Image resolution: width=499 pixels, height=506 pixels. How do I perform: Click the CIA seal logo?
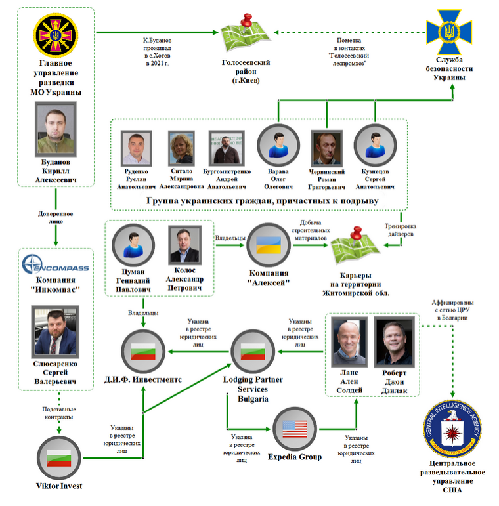[452, 429]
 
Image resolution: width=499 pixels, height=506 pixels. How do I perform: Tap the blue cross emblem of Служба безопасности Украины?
[449, 32]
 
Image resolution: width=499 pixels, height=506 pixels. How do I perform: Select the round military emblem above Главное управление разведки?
[56, 35]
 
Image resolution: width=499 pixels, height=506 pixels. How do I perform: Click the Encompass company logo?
[55, 264]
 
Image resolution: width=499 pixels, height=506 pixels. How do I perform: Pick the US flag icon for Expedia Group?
[295, 429]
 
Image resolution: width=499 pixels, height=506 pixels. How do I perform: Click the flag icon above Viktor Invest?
[59, 458]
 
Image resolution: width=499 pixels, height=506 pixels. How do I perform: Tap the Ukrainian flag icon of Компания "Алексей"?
[269, 245]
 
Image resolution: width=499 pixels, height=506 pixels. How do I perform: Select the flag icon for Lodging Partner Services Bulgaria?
[253, 351]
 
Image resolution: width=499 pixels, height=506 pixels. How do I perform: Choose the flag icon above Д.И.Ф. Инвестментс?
[143, 351]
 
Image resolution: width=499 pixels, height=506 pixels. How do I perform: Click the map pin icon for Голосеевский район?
[246, 32]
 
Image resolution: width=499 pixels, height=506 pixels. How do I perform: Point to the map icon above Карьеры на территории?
[355, 246]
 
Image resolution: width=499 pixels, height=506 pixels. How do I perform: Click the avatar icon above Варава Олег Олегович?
[278, 146]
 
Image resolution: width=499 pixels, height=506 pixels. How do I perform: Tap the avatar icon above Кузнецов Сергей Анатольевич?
[375, 146]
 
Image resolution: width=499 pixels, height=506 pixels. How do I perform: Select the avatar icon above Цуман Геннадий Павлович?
[133, 245]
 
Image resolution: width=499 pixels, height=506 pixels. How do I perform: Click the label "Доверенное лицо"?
[56, 217]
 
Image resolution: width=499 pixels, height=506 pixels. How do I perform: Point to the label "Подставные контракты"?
[58, 413]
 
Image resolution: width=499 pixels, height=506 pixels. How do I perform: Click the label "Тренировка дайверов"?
[401, 230]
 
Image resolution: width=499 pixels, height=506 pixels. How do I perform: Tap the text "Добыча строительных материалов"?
[311, 230]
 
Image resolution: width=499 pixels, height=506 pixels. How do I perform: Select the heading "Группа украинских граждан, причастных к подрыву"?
[263, 201]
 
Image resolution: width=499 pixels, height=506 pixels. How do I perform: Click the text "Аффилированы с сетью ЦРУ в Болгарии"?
[452, 310]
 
